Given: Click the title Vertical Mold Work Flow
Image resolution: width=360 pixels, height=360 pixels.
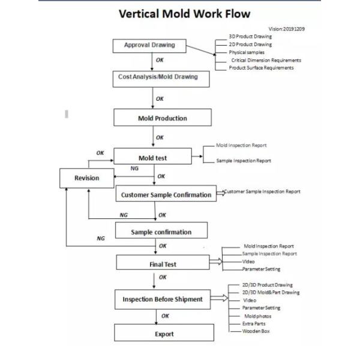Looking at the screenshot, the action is click(x=184, y=14).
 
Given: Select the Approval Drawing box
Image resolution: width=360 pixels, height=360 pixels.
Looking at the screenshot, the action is click(x=149, y=46).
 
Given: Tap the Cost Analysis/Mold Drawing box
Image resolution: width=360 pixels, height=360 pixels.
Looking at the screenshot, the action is click(x=161, y=79).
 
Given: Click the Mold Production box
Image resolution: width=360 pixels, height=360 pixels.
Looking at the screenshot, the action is click(x=163, y=118).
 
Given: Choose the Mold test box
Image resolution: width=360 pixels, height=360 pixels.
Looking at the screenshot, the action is click(x=152, y=156).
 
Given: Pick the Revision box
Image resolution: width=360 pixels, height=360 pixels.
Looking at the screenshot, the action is click(x=87, y=178).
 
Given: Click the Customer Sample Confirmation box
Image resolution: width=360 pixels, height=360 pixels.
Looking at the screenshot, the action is click(x=166, y=193).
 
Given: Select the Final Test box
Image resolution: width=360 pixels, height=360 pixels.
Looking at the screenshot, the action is click(x=163, y=262).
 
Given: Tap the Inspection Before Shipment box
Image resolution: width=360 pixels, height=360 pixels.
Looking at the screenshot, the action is click(x=163, y=299).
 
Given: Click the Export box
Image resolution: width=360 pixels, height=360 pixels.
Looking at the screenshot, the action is click(x=164, y=332).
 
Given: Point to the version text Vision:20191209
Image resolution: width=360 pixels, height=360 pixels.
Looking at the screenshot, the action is click(x=287, y=29).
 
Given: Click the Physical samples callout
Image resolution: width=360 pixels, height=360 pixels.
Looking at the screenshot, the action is click(x=247, y=52).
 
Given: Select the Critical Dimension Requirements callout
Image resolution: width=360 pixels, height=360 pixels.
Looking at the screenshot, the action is click(x=266, y=60).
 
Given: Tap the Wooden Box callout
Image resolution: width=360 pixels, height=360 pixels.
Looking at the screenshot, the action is click(x=256, y=331).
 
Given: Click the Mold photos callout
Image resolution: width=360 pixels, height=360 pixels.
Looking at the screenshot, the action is click(x=257, y=316).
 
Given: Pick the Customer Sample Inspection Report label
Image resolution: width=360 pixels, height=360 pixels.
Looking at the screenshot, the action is click(x=262, y=191).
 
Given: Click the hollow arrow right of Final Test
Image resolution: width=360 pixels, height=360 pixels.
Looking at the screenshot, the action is click(x=216, y=261).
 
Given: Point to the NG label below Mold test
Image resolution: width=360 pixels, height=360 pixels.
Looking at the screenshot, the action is click(x=134, y=168).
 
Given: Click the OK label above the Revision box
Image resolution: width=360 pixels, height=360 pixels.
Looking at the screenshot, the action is click(x=100, y=153).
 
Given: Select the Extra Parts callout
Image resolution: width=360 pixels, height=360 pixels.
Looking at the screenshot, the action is click(x=254, y=324).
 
